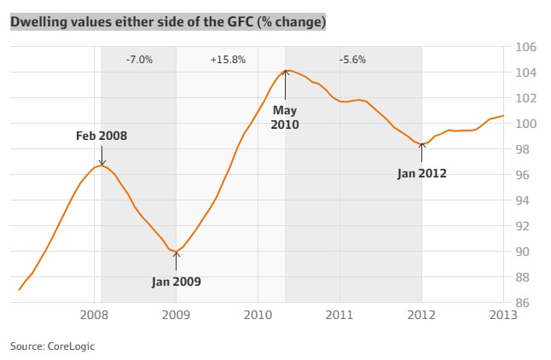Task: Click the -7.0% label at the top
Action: [138, 60]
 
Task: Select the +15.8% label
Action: [228, 60]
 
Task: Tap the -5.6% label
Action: [352, 60]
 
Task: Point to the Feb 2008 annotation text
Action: [101, 136]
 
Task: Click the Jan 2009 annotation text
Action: [176, 281]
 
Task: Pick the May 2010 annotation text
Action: [286, 117]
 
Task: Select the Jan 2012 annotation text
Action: [421, 173]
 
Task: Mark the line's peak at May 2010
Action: [286, 70]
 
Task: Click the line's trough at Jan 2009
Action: [176, 252]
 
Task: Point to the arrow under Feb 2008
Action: [101, 155]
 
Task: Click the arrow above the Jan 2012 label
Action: [421, 155]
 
